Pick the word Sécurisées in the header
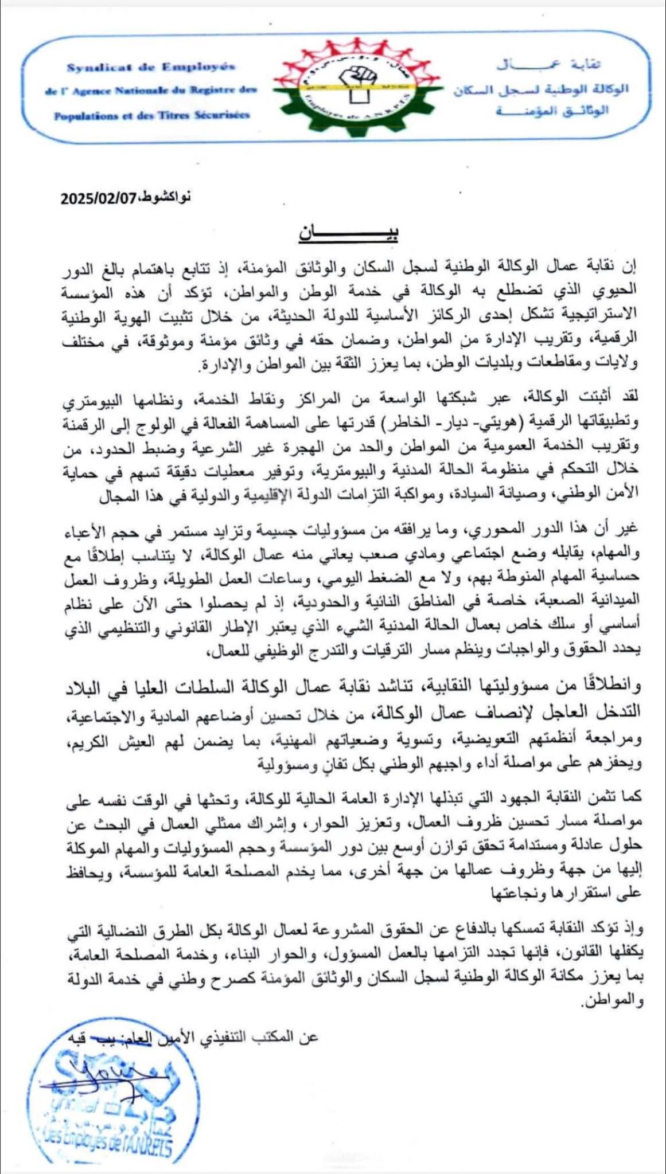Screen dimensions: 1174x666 coord(221,115)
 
